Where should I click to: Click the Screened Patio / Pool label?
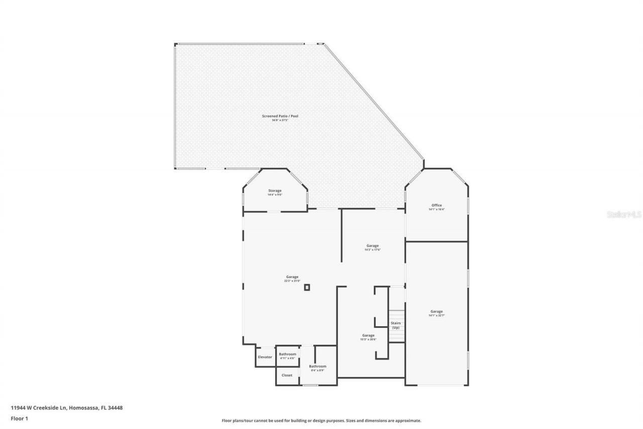(280, 116)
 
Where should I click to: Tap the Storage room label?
(275, 191)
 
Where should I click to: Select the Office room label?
(437, 205)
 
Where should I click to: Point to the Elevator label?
(265, 357)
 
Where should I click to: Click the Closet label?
(287, 375)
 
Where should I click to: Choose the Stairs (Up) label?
(396, 325)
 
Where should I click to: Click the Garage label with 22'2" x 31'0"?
(292, 277)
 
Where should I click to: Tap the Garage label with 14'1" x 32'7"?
(437, 311)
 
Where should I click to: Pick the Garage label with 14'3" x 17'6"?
(373, 245)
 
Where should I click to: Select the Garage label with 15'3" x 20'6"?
(368, 335)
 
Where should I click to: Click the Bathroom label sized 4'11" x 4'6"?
(288, 354)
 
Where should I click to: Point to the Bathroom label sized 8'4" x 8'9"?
(318, 366)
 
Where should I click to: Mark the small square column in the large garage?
(307, 288)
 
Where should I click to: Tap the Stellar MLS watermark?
(624, 214)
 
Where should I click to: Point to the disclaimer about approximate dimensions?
(321, 420)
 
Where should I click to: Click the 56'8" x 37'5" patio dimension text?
(280, 120)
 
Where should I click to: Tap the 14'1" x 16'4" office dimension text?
(437, 209)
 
